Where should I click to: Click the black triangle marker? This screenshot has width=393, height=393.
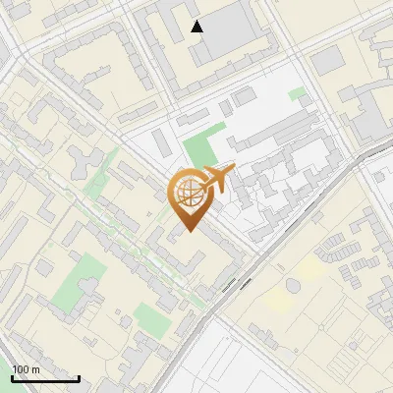click(x=197, y=27)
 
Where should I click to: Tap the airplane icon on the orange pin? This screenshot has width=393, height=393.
click(x=216, y=180)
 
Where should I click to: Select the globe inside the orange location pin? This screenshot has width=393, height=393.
click(x=188, y=194)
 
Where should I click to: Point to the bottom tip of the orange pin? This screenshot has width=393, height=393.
click(x=188, y=232)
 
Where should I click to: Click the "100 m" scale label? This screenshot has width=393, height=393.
click(x=26, y=369)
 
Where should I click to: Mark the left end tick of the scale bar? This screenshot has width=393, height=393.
click(x=13, y=377)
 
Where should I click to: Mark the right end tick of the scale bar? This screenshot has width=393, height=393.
click(x=79, y=377)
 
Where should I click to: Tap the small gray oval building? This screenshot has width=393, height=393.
click(x=292, y=285)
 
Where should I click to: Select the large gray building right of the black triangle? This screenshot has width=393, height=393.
click(x=236, y=29)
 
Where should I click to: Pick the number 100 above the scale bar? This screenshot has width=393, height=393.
click(x=21, y=369)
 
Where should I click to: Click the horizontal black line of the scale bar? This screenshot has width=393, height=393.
click(x=45, y=379)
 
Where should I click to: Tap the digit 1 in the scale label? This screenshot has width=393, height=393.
click(x=15, y=369)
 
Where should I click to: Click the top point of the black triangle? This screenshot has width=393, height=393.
click(x=197, y=21)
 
